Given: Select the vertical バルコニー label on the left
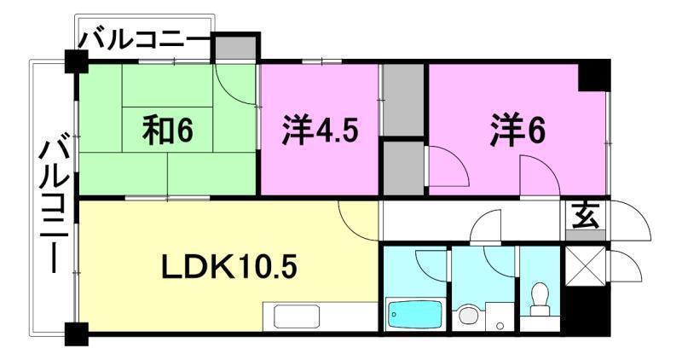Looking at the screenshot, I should tap(53, 205).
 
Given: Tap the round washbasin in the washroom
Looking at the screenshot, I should tap(468, 316).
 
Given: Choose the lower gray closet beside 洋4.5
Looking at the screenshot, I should tap(402, 167).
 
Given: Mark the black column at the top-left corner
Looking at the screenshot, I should tap(76, 61).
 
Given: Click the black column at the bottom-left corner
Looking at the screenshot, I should tap(76, 334).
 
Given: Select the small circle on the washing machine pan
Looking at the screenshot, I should tap(501, 325).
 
